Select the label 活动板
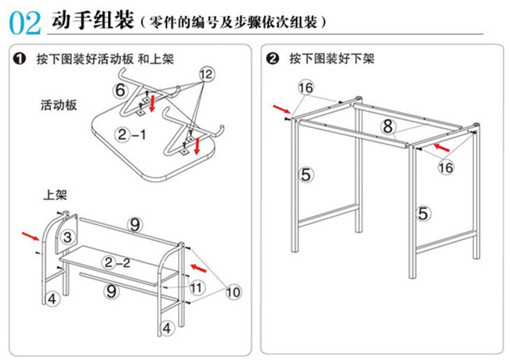tap(58, 105)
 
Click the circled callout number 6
tap(120, 90)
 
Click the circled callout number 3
tap(67, 237)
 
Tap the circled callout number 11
tap(197, 287)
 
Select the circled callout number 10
tap(233, 292)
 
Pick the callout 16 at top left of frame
tap(305, 87)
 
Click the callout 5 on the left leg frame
tap(306, 175)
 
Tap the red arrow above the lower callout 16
tap(440, 146)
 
